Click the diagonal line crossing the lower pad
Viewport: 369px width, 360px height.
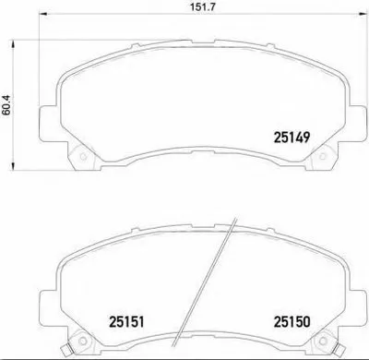[198, 286]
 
